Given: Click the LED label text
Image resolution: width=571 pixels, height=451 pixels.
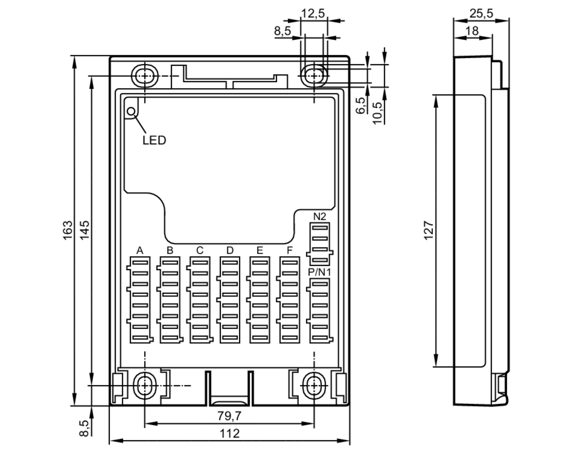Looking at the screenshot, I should coord(154,140).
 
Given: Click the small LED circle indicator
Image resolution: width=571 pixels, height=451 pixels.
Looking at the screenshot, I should coord(131,111).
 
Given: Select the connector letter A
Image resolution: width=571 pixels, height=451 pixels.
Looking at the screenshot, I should coord(140,251).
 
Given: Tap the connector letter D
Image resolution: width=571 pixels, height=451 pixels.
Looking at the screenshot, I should coord(230,251).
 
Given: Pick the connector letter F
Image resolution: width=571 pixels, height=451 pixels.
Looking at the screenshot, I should coord(289,251).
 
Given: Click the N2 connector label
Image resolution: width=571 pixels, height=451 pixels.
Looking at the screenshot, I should coord(319,217).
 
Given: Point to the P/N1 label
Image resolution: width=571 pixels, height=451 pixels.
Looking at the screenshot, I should coord(319,272).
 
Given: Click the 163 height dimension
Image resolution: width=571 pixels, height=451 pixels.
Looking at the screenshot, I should coord(68,230).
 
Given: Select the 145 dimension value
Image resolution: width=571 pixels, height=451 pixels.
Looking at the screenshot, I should coord(85,230).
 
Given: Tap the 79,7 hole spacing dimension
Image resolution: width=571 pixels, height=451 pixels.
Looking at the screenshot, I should coord(229,416).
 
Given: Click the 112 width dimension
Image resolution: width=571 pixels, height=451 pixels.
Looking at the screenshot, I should coord(229,434).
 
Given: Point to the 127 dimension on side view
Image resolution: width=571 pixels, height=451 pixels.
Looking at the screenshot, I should coord(429,230).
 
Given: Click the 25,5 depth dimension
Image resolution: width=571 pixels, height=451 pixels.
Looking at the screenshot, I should coord(481,13).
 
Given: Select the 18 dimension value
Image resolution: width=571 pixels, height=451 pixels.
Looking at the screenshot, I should coord(472,31).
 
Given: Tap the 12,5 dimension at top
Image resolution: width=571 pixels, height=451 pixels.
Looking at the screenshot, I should coord(313,13).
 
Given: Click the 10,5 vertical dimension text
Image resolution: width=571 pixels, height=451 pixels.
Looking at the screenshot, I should coord(377,113).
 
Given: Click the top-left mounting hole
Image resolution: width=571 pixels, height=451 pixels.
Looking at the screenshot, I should coord(145,76).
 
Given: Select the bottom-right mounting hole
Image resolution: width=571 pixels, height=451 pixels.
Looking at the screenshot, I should coord(314,386).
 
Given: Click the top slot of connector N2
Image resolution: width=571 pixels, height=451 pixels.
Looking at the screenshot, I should coord(320,228).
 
